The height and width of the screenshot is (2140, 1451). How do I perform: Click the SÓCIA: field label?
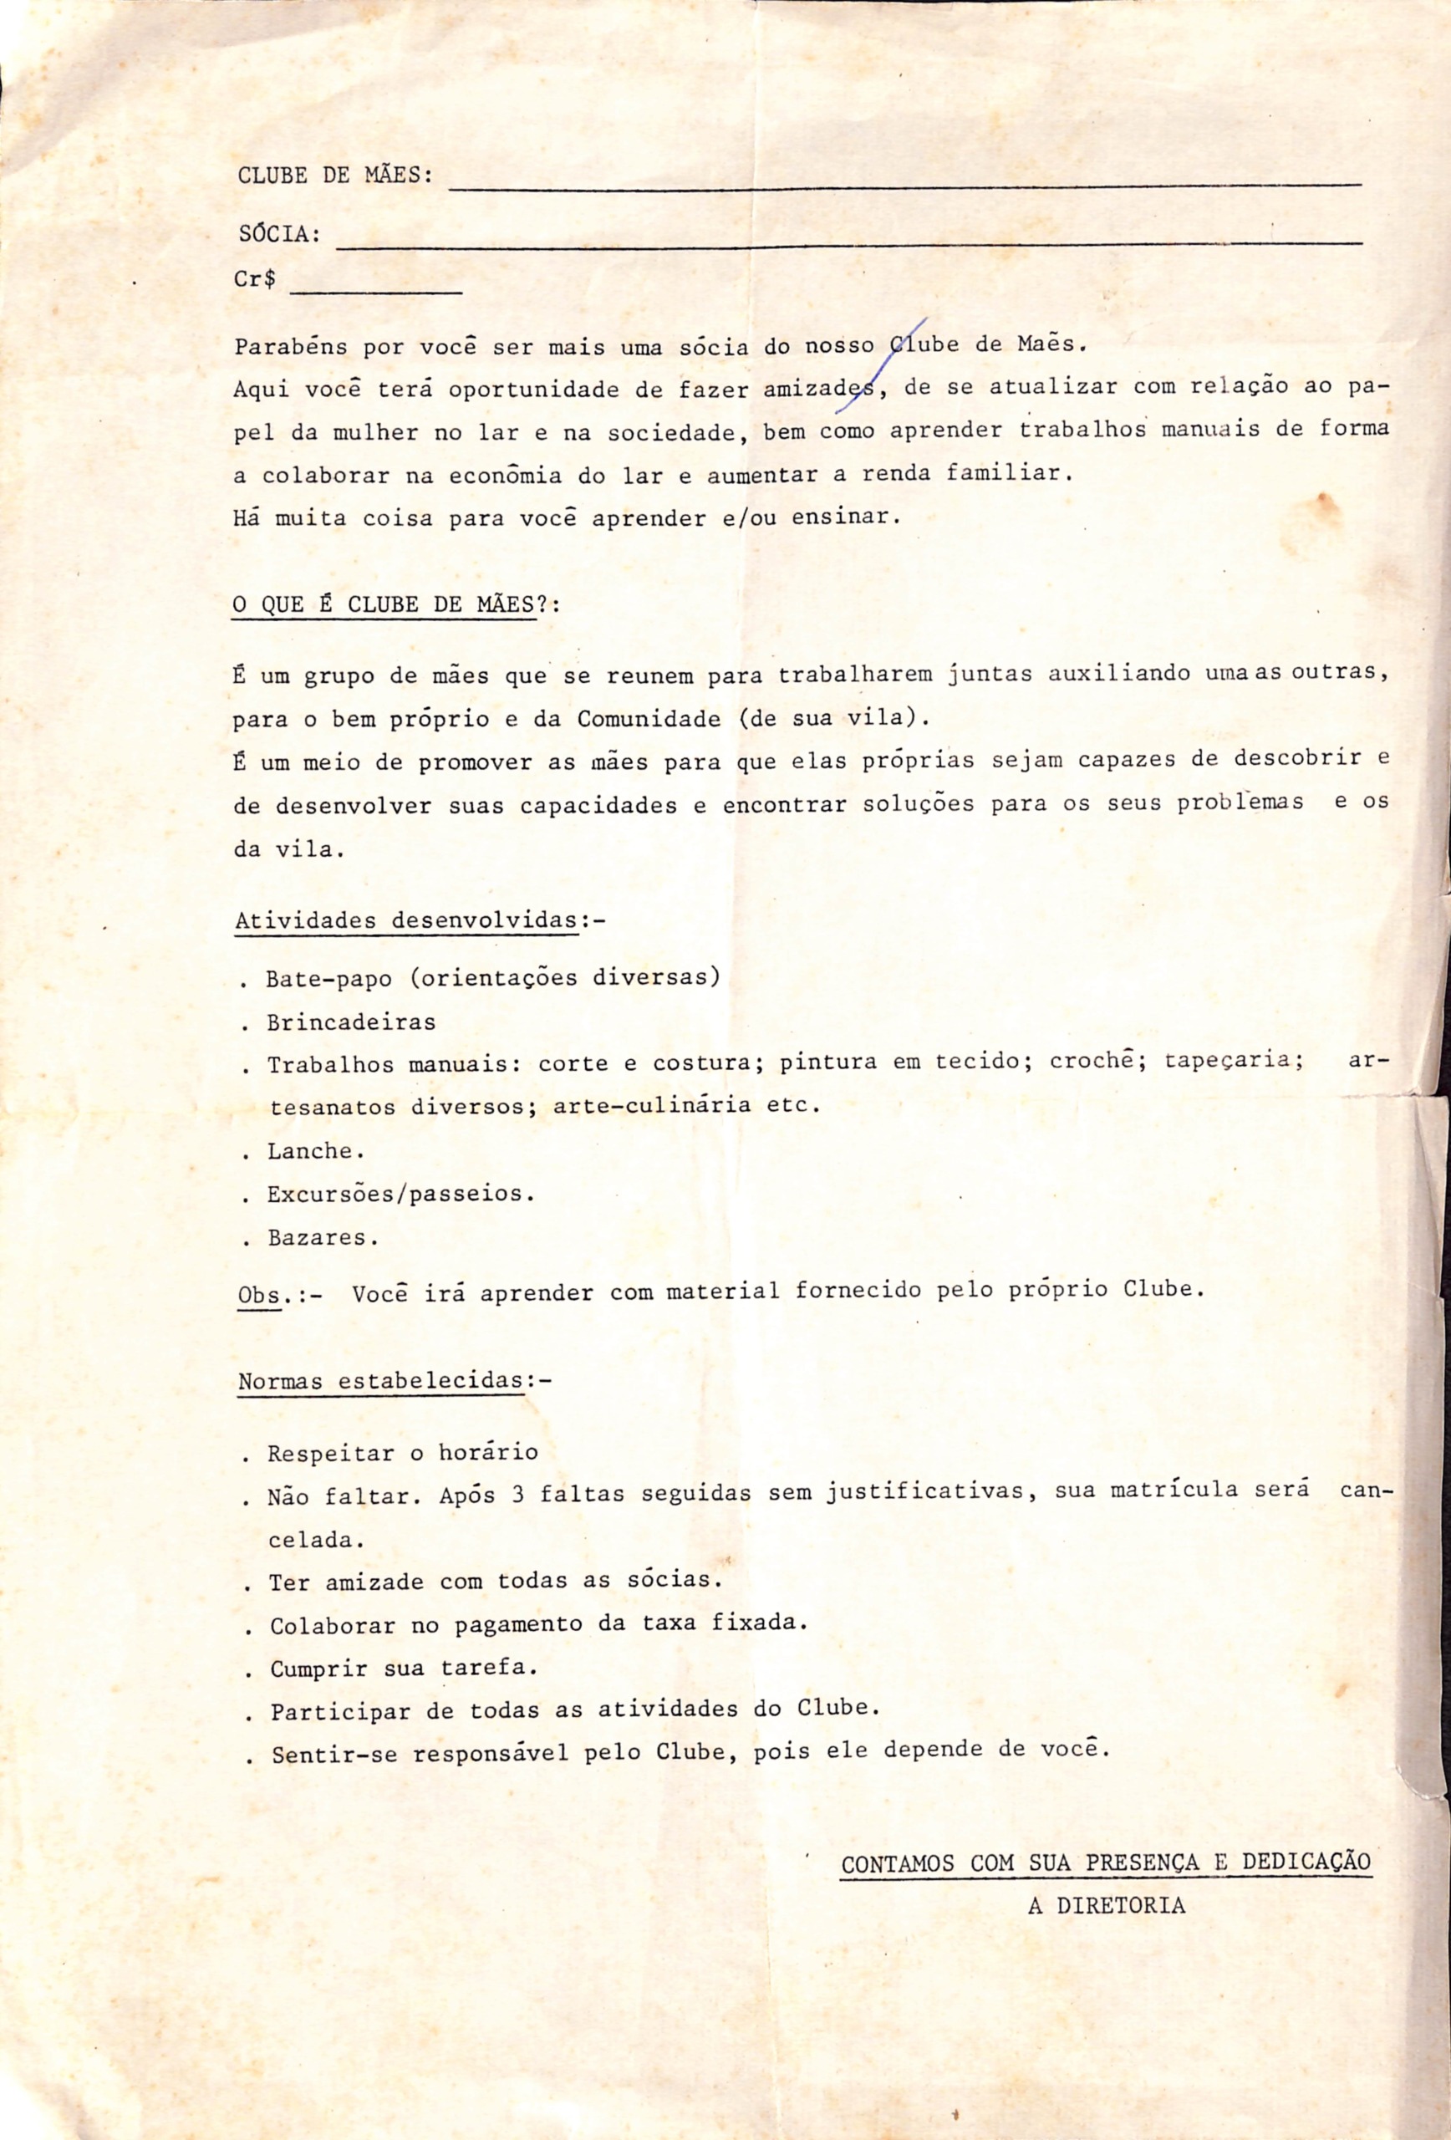[279, 235]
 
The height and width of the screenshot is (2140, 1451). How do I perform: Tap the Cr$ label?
[254, 280]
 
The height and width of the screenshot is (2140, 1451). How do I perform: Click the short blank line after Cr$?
[375, 291]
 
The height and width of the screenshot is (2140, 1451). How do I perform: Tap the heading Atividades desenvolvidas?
[407, 921]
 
